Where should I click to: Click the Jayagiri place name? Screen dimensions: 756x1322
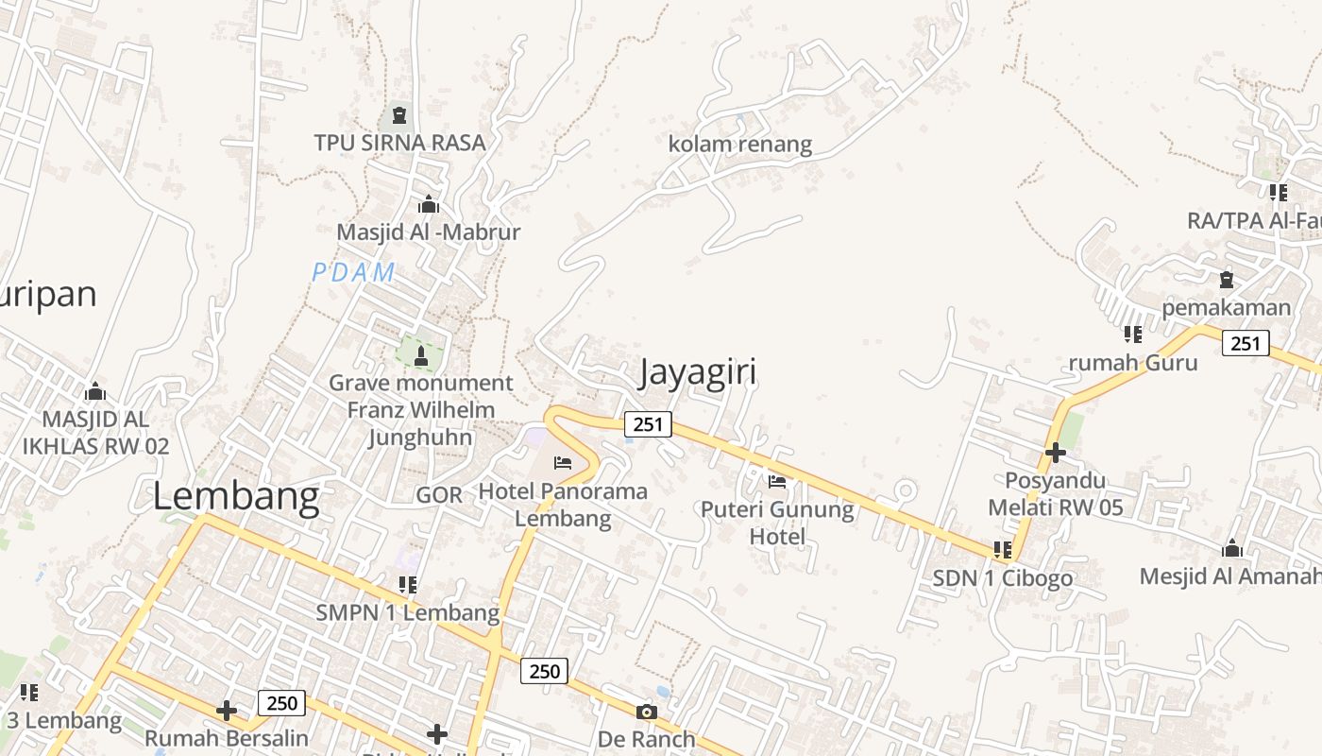pyautogui.click(x=698, y=372)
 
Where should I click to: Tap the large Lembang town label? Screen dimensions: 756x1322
pyautogui.click(x=236, y=497)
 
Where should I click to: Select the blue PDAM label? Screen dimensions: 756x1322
pyautogui.click(x=353, y=272)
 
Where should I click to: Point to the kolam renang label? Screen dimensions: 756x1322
pyautogui.click(x=740, y=145)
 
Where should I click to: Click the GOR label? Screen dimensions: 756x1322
pyautogui.click(x=439, y=495)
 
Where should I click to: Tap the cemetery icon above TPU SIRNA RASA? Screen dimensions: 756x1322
pyautogui.click(x=399, y=116)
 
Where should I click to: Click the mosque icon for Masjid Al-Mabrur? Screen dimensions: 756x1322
pyautogui.click(x=429, y=204)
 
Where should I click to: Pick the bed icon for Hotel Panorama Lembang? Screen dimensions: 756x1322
pyautogui.click(x=563, y=463)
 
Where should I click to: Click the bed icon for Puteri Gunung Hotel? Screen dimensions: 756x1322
pyautogui.click(x=777, y=481)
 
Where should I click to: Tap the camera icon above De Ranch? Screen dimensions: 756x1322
pyautogui.click(x=647, y=712)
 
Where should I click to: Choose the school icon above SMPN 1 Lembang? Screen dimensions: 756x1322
pyautogui.click(x=408, y=585)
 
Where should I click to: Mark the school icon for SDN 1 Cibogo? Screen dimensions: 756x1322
pyautogui.click(x=1003, y=549)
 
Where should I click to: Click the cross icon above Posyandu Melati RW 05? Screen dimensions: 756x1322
pyautogui.click(x=1056, y=453)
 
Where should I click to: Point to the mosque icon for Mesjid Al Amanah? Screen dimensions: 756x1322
pyautogui.click(x=1231, y=549)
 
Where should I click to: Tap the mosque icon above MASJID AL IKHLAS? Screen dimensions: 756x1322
pyautogui.click(x=95, y=391)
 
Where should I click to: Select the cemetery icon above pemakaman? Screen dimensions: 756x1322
pyautogui.click(x=1227, y=280)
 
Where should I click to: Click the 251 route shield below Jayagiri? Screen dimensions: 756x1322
pyautogui.click(x=648, y=424)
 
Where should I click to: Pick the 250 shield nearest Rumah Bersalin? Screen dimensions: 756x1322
pyautogui.click(x=281, y=702)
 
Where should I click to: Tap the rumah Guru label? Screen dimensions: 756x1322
pyautogui.click(x=1133, y=363)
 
